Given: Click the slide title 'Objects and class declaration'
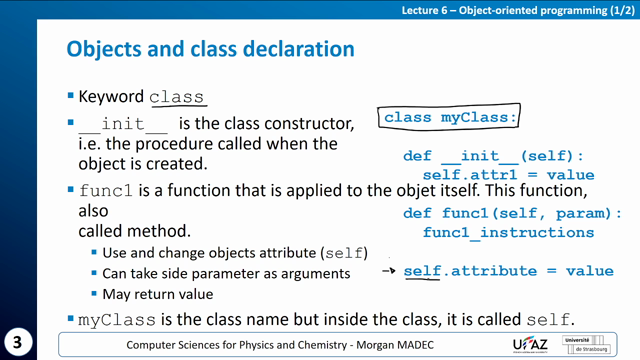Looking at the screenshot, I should (x=209, y=49).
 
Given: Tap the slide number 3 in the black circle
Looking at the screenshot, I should (x=19, y=340).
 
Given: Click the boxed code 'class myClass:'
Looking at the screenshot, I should (x=450, y=117).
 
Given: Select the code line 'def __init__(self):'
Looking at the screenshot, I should (x=492, y=156).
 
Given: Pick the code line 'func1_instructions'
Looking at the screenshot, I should (x=508, y=232).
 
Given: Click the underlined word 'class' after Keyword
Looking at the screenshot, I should (x=177, y=98).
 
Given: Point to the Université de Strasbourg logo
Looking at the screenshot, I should (x=593, y=344).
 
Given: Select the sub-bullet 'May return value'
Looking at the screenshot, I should (x=157, y=294).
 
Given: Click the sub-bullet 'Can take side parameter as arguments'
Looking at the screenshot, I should (x=226, y=273).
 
